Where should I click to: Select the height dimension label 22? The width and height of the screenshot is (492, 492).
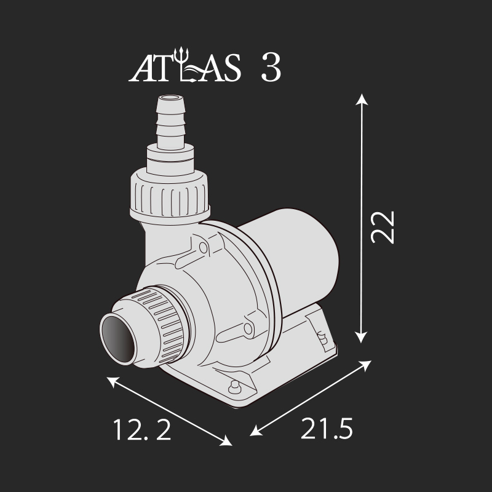coord(382,228)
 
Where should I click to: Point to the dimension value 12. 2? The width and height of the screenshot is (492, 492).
coord(142,429)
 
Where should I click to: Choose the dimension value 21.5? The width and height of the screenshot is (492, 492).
coord(327,429)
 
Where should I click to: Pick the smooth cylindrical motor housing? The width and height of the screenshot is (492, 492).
coord(295,246)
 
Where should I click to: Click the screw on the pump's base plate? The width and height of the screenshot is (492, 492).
coord(234,387)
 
